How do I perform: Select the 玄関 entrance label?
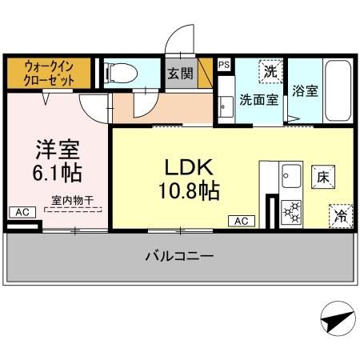[x=178, y=74]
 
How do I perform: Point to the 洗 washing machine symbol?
[x=271, y=71]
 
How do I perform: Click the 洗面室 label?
[x=260, y=102]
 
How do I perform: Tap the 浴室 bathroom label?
[x=305, y=90]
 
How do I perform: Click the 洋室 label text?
[x=56, y=149]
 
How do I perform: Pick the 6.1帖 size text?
[x=56, y=172]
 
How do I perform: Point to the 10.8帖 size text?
[x=188, y=191]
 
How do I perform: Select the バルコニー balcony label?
[x=179, y=256]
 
